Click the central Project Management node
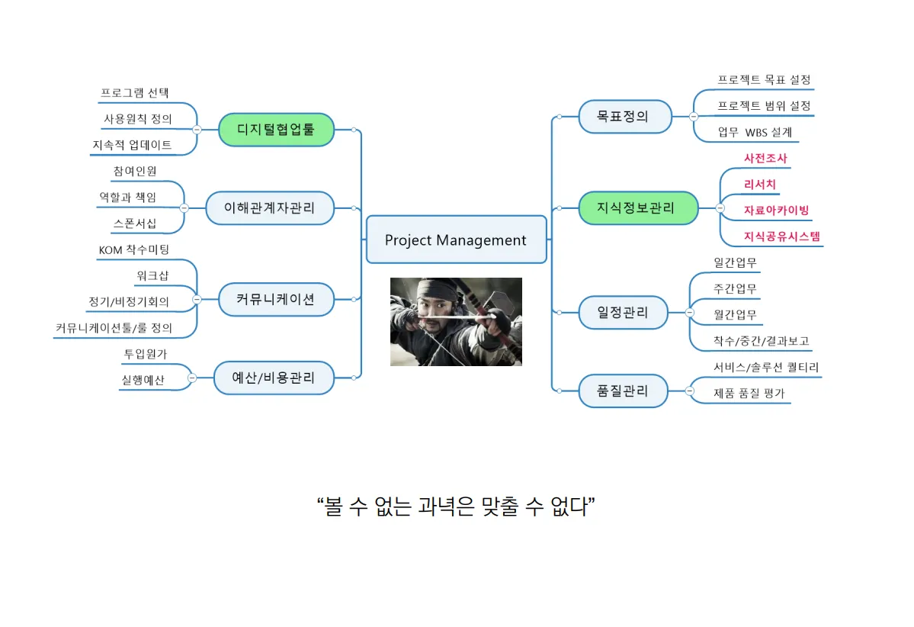coord(456,240)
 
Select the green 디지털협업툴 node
coord(276,130)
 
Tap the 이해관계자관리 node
coord(270,207)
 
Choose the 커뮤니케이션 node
coord(276,299)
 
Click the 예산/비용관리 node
coord(274,377)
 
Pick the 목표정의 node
coord(624,117)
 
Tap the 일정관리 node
coord(624,312)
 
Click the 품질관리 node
coord(624,391)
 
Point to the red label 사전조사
coord(765,159)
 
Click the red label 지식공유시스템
coord(782,236)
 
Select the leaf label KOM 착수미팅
coord(134,250)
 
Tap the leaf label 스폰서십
coord(135,223)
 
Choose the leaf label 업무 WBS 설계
coord(755,132)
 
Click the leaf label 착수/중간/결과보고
coord(761,341)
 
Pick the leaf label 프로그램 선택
coord(135,93)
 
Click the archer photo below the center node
coord(456,321)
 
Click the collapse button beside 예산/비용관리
coord(192,377)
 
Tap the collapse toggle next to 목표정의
coord(693,117)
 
